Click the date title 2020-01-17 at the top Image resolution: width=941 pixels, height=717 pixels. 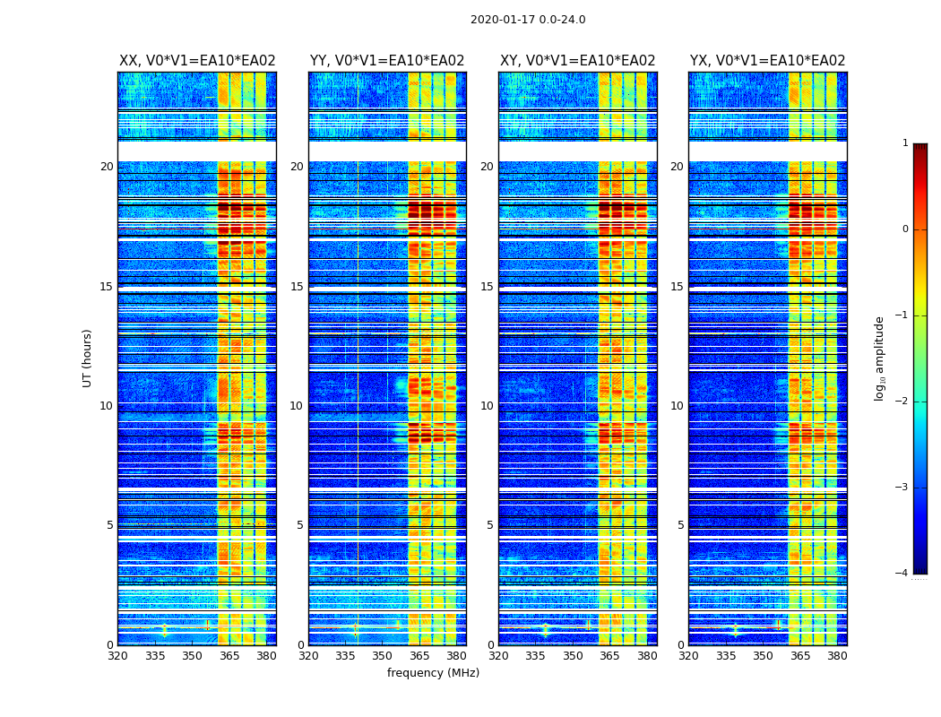(x=528, y=20)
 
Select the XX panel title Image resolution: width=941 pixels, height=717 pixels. (x=197, y=61)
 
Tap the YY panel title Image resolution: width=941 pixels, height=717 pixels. (x=387, y=61)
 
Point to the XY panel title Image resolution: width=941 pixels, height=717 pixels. (x=578, y=61)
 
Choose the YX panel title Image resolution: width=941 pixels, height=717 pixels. (x=768, y=61)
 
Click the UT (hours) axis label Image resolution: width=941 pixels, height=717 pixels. (x=88, y=358)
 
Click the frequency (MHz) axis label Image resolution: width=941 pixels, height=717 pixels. (x=433, y=673)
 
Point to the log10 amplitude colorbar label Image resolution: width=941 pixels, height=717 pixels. (x=880, y=358)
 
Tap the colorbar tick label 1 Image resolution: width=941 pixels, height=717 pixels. (x=905, y=143)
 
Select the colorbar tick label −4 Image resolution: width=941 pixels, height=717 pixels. (x=902, y=574)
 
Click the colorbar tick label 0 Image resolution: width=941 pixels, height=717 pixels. (x=905, y=229)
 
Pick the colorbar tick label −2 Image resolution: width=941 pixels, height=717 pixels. (x=902, y=402)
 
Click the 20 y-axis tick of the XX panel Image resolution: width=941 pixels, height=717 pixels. (x=107, y=167)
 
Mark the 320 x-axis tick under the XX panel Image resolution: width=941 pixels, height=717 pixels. (x=117, y=656)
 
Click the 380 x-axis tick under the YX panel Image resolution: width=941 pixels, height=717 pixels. (x=837, y=656)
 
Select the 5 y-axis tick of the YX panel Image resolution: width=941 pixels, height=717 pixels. (x=681, y=525)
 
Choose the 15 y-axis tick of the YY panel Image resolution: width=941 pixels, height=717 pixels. (x=297, y=287)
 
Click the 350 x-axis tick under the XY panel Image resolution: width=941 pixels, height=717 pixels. (x=573, y=656)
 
